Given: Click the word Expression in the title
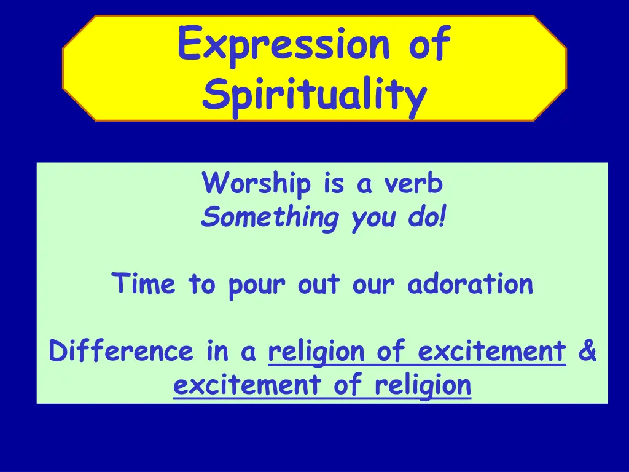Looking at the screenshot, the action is (x=284, y=45).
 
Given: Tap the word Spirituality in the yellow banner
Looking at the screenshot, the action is (x=314, y=95).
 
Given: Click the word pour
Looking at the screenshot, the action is (x=257, y=286).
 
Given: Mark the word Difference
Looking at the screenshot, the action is (x=121, y=350).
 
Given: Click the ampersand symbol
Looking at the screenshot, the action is (x=587, y=350).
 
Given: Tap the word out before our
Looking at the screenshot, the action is (x=319, y=284).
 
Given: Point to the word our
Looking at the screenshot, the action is (x=373, y=286).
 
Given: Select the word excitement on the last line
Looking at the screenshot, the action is (x=248, y=385).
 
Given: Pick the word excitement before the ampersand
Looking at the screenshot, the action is (x=492, y=351).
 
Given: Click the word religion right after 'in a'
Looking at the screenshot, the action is (x=317, y=352).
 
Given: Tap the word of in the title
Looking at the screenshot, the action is (x=429, y=44).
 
